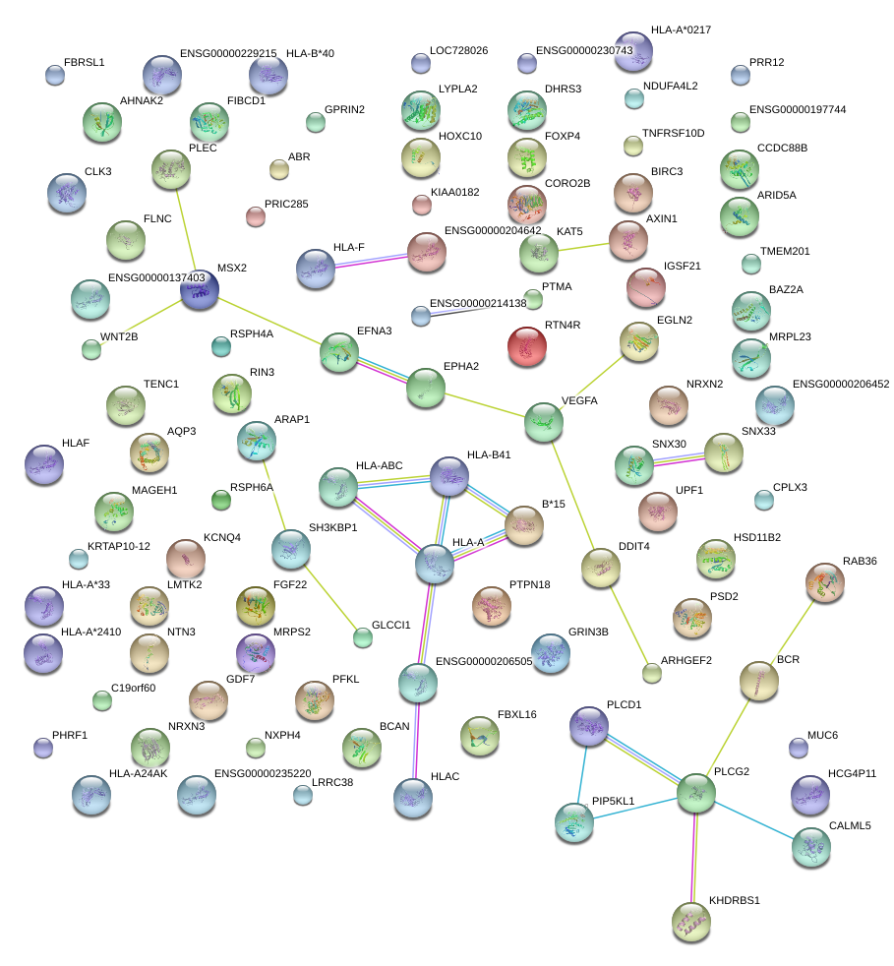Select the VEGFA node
tap(544, 421)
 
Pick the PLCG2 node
tap(695, 794)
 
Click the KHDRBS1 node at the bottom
tap(689, 921)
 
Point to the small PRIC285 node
tap(256, 216)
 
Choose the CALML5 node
tap(810, 847)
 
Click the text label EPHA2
tap(460, 367)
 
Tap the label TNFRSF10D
tap(673, 133)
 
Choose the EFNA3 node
tap(339, 352)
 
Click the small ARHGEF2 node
tap(651, 674)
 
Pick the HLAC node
tap(413, 798)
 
